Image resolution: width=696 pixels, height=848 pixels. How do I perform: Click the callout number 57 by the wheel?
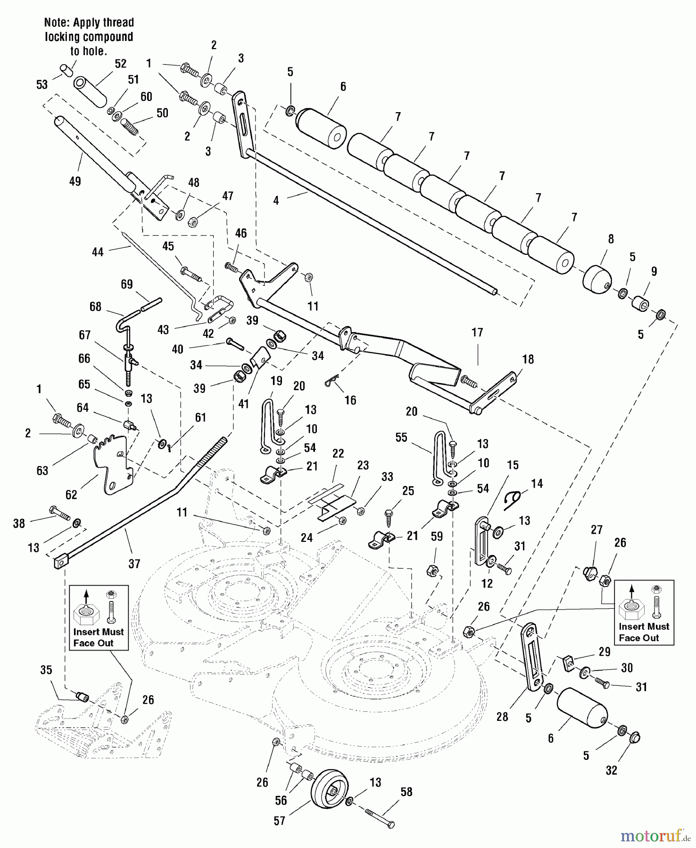280,821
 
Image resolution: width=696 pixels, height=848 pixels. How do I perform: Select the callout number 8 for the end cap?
611,239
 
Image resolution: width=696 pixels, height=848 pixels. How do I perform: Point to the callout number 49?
75,181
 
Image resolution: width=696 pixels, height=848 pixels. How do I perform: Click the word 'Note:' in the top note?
56,23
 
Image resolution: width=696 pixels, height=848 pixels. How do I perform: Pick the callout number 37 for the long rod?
134,563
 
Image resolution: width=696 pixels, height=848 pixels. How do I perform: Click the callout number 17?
477,333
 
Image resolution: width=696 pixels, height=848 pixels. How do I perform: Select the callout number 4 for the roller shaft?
276,200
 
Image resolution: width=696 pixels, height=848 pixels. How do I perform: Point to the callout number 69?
127,284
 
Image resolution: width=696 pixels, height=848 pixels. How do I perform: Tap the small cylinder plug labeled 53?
66,70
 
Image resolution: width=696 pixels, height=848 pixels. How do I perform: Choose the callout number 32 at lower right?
612,770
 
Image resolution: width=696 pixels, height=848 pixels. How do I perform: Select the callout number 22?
338,453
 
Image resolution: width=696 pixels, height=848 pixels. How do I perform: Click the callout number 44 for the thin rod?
98,252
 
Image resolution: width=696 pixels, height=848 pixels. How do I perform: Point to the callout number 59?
437,536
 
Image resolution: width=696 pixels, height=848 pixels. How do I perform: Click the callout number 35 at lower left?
46,670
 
